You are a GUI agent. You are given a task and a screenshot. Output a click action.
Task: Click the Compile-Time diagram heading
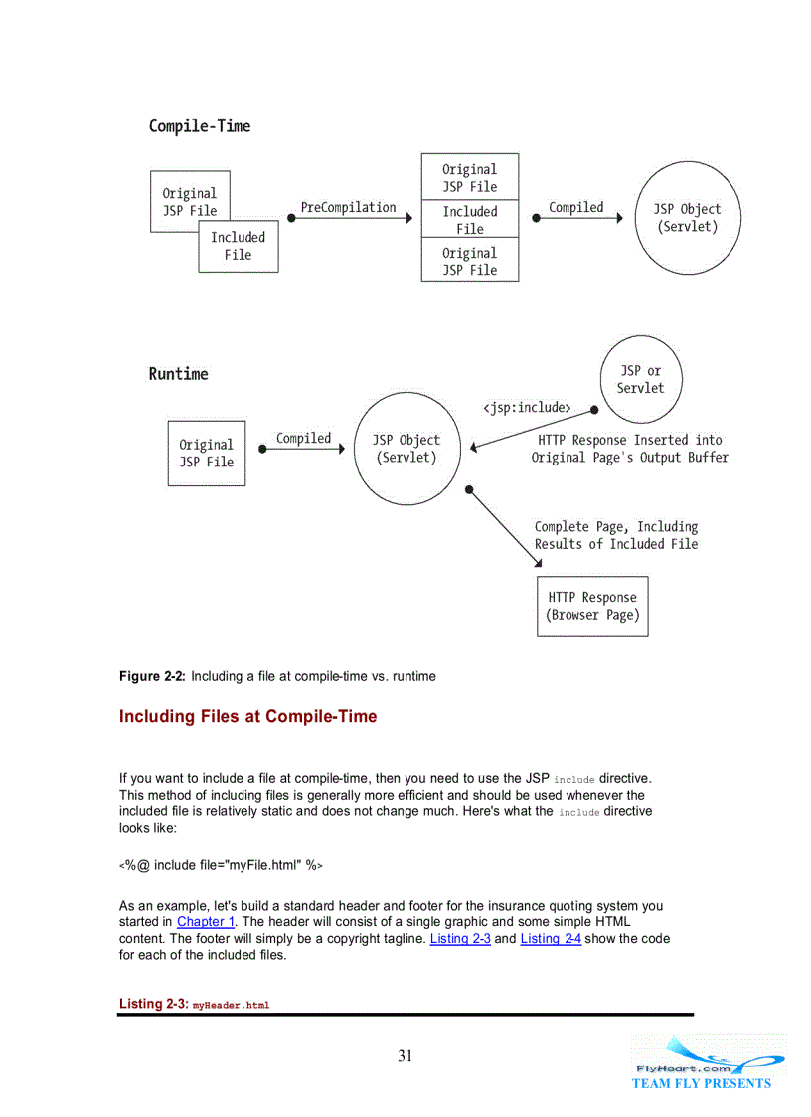200,126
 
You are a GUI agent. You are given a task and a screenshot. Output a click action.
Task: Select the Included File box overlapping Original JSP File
239,247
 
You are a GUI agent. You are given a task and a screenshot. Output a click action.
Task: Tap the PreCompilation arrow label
348,208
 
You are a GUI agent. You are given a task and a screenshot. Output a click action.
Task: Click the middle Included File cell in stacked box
470,220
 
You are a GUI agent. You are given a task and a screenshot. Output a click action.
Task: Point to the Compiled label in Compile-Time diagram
575,208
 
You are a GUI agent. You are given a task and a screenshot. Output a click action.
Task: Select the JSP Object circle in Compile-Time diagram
687,218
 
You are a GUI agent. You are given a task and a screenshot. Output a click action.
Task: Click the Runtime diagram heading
179,374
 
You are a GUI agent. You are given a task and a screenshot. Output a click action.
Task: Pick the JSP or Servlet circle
640,379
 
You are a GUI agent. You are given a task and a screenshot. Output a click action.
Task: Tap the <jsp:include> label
527,408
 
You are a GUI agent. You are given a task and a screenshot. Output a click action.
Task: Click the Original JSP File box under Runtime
207,454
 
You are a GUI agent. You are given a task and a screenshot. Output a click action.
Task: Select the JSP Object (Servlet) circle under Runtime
405,449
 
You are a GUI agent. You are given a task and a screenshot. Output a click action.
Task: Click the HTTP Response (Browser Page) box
592,606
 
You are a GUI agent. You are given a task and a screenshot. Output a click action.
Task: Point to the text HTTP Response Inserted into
630,440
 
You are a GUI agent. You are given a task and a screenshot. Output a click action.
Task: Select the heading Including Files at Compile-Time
247,717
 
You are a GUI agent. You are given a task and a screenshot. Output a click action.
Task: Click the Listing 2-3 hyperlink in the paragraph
460,939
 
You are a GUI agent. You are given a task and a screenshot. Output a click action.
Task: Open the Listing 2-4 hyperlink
551,939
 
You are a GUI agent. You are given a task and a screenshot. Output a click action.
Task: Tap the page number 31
405,1056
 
